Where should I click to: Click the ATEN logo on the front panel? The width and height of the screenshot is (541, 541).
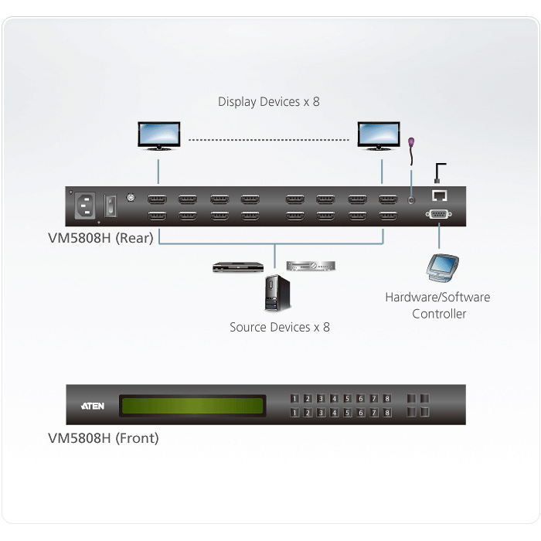pos(93,406)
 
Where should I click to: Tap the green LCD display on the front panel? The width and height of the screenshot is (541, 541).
pos(192,406)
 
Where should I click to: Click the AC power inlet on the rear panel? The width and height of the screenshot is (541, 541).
pos(85,206)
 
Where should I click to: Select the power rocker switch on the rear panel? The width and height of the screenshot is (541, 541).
pos(111,206)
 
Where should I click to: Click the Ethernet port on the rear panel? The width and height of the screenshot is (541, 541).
pos(439,196)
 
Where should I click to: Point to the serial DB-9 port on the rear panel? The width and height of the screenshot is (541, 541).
pos(438,214)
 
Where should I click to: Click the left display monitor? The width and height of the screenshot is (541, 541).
pos(158,135)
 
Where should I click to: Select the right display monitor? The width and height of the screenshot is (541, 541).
pos(379,135)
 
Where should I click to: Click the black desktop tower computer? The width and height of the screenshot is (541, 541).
pos(277,293)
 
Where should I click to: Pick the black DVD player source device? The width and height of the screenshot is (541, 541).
pos(238,267)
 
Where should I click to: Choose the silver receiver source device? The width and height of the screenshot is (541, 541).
pos(311,266)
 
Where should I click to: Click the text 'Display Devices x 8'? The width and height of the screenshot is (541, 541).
pos(269,102)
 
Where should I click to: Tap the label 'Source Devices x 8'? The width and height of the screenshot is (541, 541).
pos(280,327)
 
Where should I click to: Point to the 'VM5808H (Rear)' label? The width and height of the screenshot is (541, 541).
pos(100,238)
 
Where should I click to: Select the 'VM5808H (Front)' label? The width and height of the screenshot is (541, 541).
pos(103,438)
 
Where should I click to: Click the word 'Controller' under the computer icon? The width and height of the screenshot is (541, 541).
pos(439,314)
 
